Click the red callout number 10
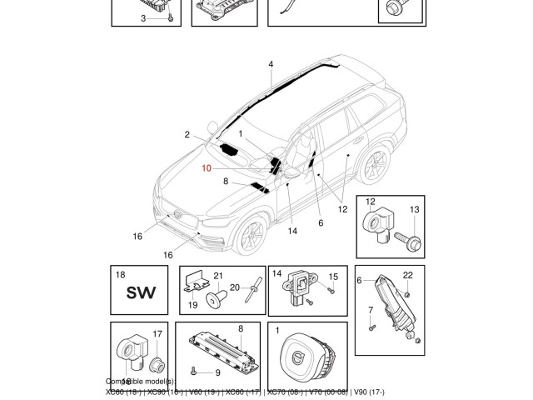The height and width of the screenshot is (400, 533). [207, 167]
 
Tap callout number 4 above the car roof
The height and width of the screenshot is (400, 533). [270, 64]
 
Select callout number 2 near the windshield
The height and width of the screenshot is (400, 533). [187, 133]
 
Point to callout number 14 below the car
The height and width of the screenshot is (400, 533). [292, 231]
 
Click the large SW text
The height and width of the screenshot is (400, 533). [141, 293]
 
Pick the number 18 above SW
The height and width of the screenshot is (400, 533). [120, 274]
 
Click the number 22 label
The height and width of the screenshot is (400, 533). [408, 275]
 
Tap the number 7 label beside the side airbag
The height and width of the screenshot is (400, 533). [371, 310]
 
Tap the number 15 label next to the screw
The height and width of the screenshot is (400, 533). [332, 277]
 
